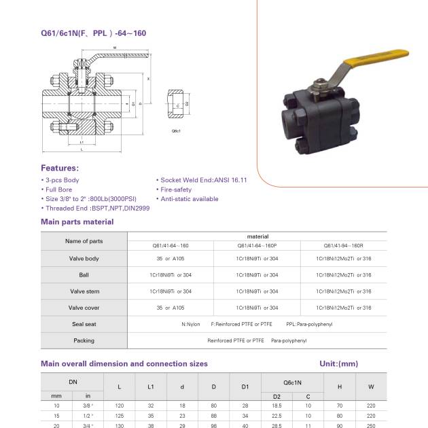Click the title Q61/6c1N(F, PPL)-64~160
click(x=93, y=33)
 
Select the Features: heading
click(x=60, y=168)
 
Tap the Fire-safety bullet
click(x=175, y=190)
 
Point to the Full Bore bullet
click(x=58, y=190)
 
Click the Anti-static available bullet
click(x=189, y=199)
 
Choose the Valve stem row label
click(x=84, y=291)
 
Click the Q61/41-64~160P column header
click(x=257, y=245)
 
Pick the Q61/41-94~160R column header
click(x=344, y=245)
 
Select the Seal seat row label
click(x=84, y=324)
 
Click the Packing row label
click(x=84, y=340)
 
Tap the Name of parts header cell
click(x=84, y=241)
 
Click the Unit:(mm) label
click(x=338, y=364)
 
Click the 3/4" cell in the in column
click(x=87, y=425)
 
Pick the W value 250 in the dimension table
click(x=371, y=425)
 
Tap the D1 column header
click(x=245, y=387)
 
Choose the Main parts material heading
click(x=77, y=221)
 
